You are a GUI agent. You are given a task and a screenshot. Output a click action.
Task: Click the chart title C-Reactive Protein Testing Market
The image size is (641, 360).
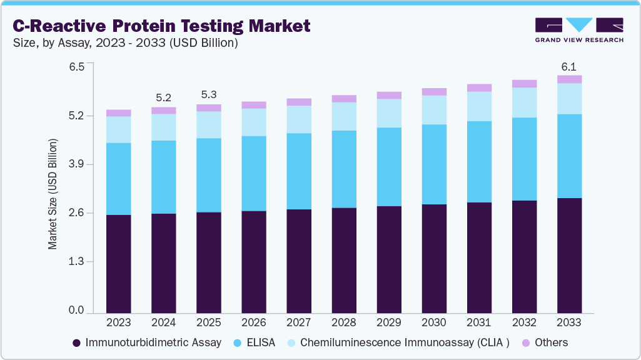point(161,26)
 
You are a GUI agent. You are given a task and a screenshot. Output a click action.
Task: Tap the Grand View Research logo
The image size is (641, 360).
point(579,29)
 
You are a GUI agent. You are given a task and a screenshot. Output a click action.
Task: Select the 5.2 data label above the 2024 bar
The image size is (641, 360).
point(164,97)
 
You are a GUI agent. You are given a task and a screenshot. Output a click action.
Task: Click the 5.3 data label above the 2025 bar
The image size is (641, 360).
point(209,95)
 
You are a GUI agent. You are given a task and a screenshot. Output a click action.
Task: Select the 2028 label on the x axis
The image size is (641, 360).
point(343,322)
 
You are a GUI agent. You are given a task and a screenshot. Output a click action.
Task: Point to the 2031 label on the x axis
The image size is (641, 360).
point(479,322)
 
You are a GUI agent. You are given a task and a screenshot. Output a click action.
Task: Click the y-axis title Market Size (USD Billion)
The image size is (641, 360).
point(53,194)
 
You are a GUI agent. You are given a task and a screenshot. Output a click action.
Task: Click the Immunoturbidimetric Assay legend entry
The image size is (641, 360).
point(147,342)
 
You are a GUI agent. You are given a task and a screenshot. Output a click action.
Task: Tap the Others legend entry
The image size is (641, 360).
point(545,342)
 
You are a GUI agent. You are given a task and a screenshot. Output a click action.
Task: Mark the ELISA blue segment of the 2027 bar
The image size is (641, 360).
point(299,171)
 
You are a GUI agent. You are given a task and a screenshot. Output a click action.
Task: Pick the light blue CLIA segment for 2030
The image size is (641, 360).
point(434,110)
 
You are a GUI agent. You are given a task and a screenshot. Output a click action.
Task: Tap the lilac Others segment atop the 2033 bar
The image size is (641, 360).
point(569,79)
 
